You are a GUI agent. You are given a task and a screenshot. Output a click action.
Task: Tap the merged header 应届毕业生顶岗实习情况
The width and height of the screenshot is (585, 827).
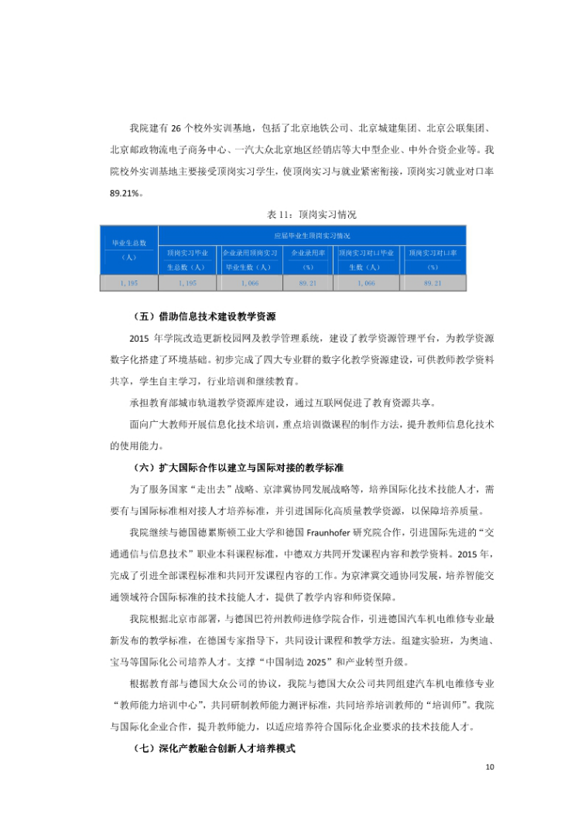(312, 235)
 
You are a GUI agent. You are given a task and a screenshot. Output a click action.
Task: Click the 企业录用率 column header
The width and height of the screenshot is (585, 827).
(308, 259)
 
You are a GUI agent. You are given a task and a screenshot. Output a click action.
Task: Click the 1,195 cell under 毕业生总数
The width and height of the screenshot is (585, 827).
(129, 284)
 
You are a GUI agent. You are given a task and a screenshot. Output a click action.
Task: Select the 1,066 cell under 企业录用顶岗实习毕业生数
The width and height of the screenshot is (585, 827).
(249, 284)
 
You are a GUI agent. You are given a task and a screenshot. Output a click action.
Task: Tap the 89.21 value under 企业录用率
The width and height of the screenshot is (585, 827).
(308, 284)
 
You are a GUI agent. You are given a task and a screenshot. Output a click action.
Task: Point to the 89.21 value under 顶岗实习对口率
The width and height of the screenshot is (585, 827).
(433, 284)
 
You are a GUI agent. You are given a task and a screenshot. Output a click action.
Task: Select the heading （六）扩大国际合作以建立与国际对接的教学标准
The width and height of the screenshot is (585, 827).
(238, 468)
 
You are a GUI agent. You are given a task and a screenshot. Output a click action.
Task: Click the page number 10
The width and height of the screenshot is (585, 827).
(489, 767)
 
